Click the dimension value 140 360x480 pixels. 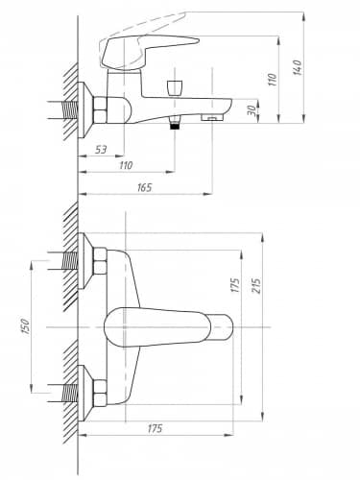tap(297, 67)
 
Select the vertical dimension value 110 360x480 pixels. tap(272, 80)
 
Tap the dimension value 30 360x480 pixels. tap(252, 110)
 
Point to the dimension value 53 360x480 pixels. tap(101, 149)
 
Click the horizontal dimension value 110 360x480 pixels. tap(126, 165)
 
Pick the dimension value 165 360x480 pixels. tap(144, 187)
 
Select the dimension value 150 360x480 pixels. tap(25, 326)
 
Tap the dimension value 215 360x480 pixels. tap(257, 285)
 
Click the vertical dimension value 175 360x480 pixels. tap(235, 285)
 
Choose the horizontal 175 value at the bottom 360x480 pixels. tap(155, 428)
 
